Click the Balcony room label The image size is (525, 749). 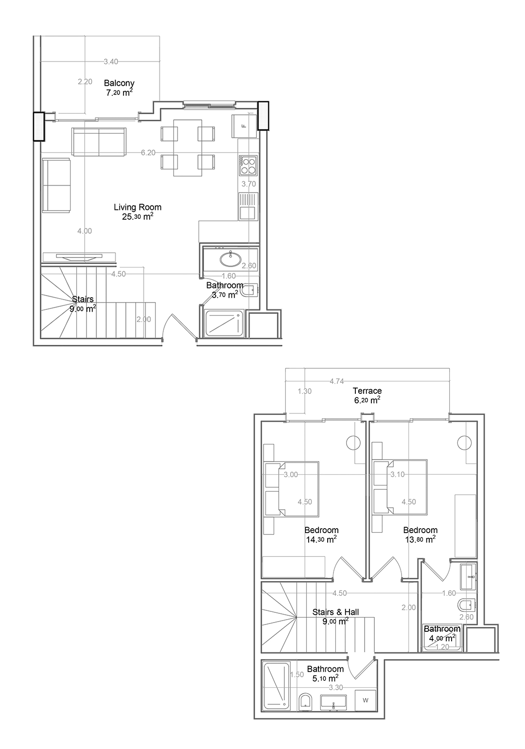[119, 83]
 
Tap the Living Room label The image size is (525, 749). [138, 207]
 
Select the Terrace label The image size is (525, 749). [367, 391]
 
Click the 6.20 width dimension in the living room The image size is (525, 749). [148, 153]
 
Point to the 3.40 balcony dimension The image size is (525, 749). [111, 61]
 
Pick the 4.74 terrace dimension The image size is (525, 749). [336, 381]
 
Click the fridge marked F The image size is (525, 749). [245, 126]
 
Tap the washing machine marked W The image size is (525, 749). [366, 700]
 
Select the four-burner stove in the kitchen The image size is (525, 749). [247, 166]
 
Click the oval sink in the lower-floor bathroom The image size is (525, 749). [230, 259]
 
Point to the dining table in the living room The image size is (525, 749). [188, 148]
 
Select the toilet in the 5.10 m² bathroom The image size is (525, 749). [305, 702]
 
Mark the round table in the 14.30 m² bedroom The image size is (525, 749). [353, 443]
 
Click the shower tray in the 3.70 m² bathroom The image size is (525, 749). [224, 323]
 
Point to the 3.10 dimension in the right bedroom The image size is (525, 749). [397, 474]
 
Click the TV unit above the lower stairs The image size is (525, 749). [79, 257]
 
